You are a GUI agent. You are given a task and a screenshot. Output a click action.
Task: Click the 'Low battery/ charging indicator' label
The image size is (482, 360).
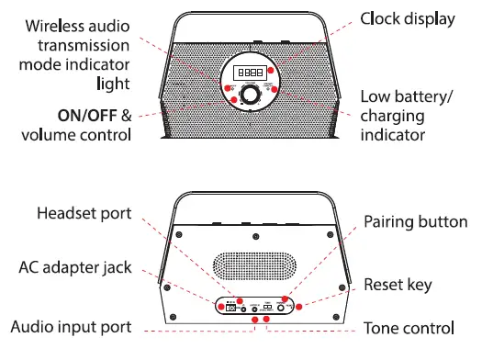click(405, 115)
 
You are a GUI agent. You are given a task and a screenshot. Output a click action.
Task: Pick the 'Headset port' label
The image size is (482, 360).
click(84, 213)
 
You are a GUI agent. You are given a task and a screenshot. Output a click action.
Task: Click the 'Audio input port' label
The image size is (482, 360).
click(70, 327)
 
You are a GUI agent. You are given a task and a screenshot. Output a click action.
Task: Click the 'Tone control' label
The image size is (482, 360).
click(408, 327)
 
